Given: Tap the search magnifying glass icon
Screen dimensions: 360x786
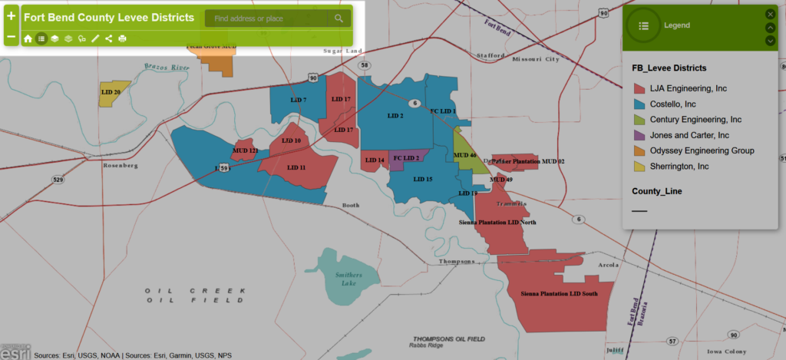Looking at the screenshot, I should tap(339, 18).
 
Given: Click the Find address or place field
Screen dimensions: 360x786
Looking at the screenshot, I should tap(266, 18).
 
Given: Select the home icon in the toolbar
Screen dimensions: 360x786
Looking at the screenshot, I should tap(28, 38).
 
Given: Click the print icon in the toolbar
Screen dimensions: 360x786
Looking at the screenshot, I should tap(122, 38).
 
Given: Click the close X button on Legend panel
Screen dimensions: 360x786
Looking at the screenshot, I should tap(770, 14).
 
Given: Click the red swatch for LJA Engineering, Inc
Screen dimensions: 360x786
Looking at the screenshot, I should tap(638, 89).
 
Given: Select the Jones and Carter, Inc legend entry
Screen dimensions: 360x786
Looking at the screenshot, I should tap(689, 135).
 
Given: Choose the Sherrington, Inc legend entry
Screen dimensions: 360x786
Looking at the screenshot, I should tap(679, 166).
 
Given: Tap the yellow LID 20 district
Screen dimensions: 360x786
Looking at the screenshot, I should tap(113, 92).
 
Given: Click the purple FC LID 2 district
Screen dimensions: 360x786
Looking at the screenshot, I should tap(406, 158).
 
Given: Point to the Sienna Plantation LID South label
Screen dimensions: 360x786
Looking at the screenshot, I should tap(559, 294).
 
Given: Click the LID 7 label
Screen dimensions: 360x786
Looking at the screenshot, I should tap(299, 100).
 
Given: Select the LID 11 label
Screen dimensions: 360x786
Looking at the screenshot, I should tap(296, 167).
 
